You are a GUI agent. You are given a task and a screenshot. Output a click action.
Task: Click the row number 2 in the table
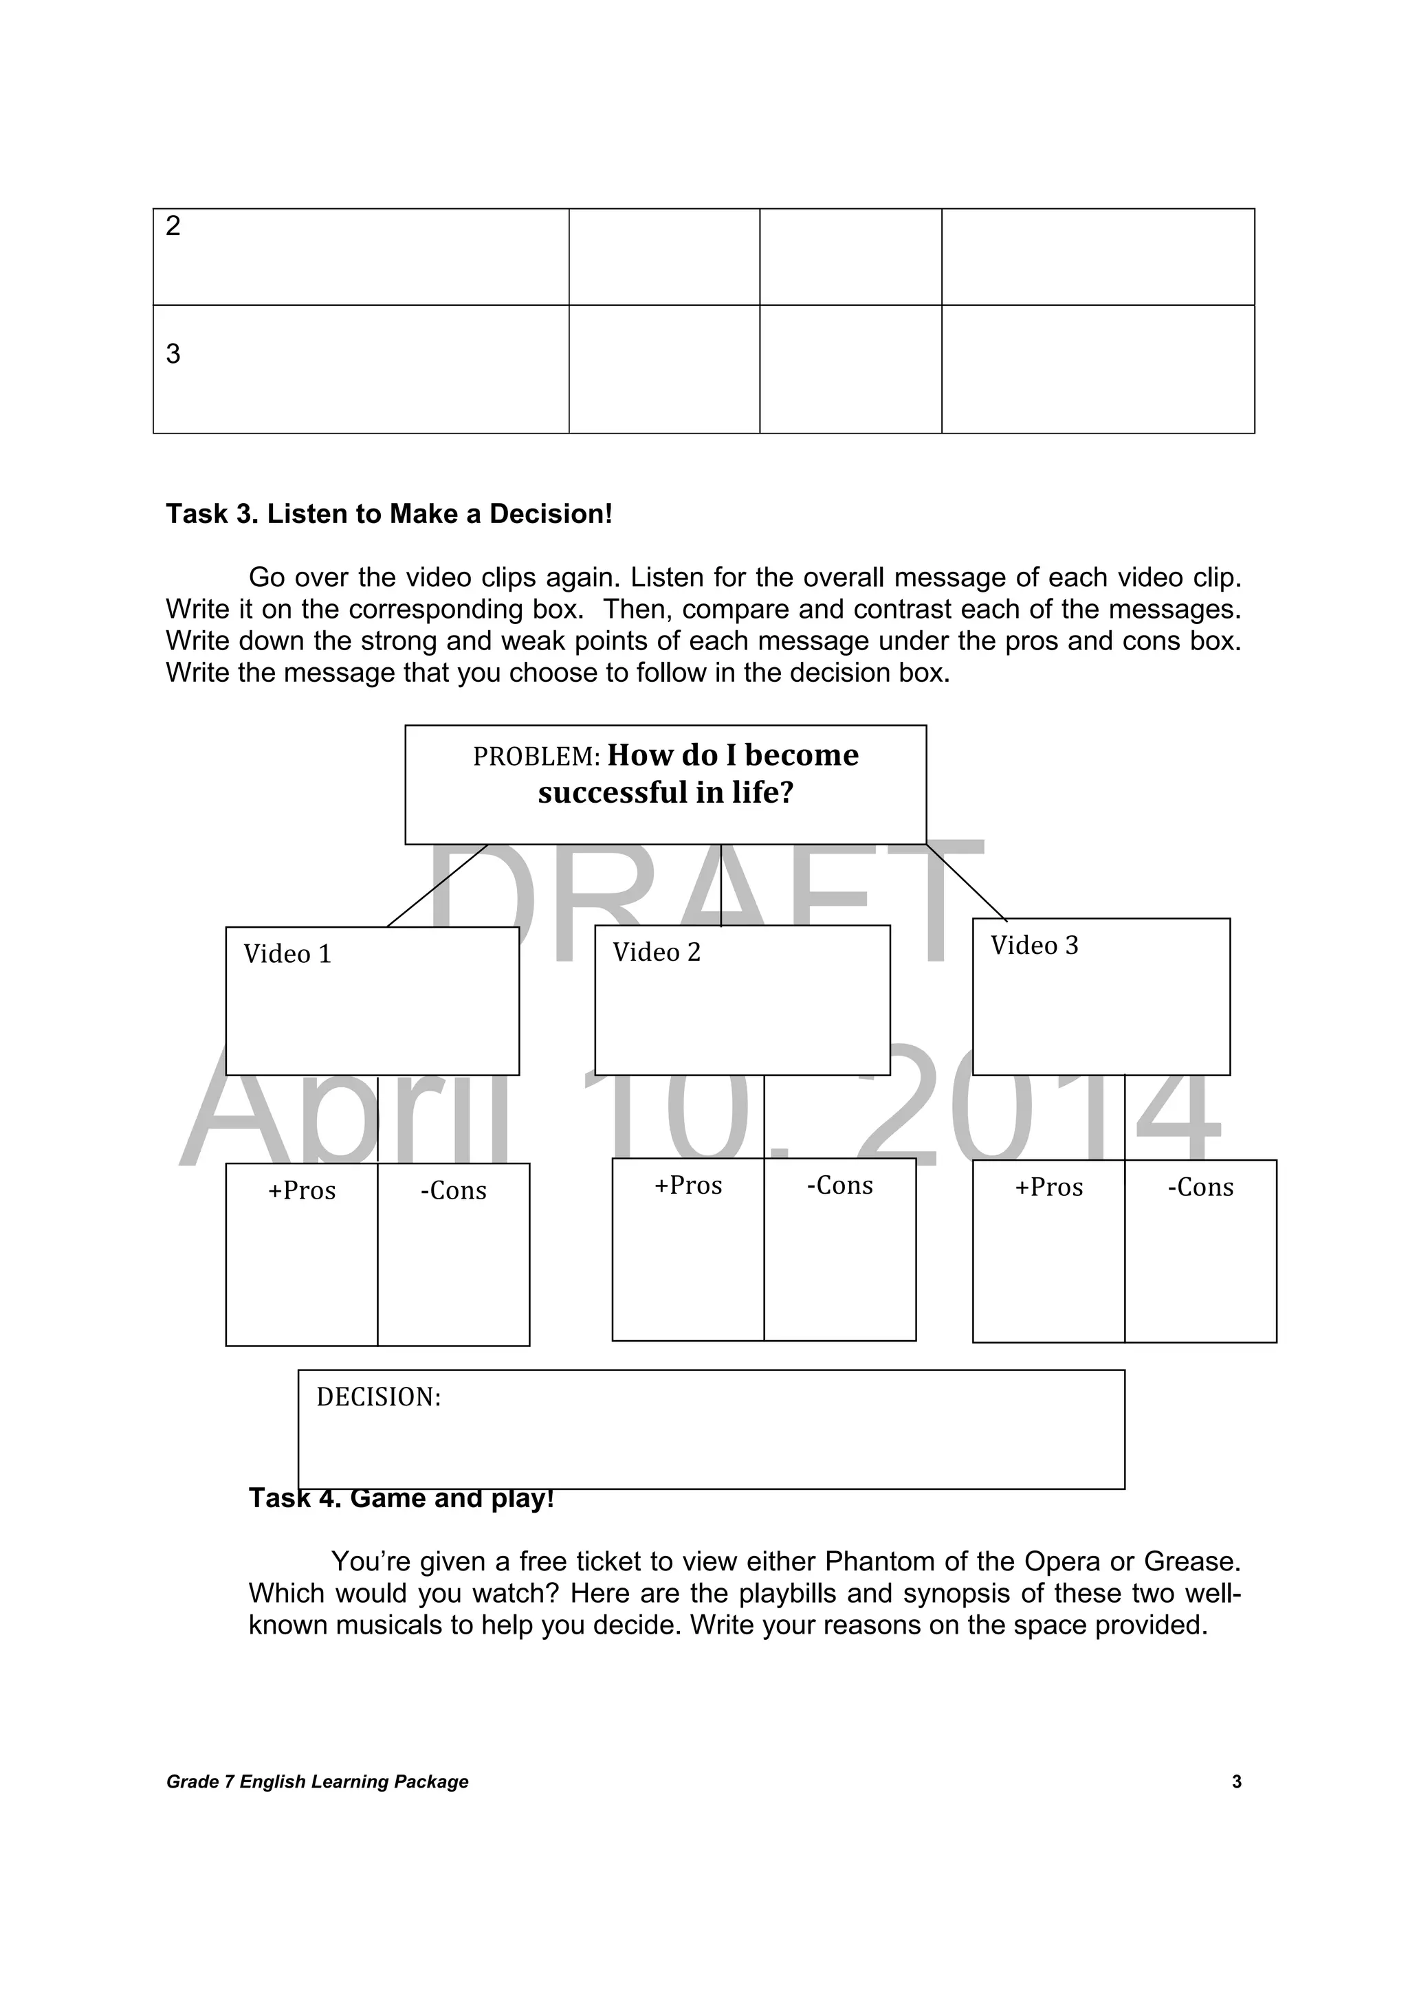173,226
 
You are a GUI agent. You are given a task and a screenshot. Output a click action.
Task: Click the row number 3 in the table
173,354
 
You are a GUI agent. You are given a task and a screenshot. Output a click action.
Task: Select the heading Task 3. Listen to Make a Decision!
388,514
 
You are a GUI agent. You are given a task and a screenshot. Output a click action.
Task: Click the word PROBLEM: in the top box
536,757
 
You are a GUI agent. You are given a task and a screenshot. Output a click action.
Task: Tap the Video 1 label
287,955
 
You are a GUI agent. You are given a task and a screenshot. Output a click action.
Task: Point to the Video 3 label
1034,946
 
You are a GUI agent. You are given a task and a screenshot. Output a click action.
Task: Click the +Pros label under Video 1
302,1190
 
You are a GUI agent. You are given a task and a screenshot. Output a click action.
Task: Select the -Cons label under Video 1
453,1190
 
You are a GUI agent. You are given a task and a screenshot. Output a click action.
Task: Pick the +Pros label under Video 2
688,1186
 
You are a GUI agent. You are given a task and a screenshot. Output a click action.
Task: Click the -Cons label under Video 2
839,1186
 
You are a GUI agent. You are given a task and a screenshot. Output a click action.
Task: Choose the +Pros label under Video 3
1049,1187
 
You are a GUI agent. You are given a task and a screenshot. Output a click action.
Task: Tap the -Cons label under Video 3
1200,1187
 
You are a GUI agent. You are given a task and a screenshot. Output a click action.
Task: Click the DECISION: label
378,1397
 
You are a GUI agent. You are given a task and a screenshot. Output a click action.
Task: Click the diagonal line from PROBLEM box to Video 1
437,885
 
